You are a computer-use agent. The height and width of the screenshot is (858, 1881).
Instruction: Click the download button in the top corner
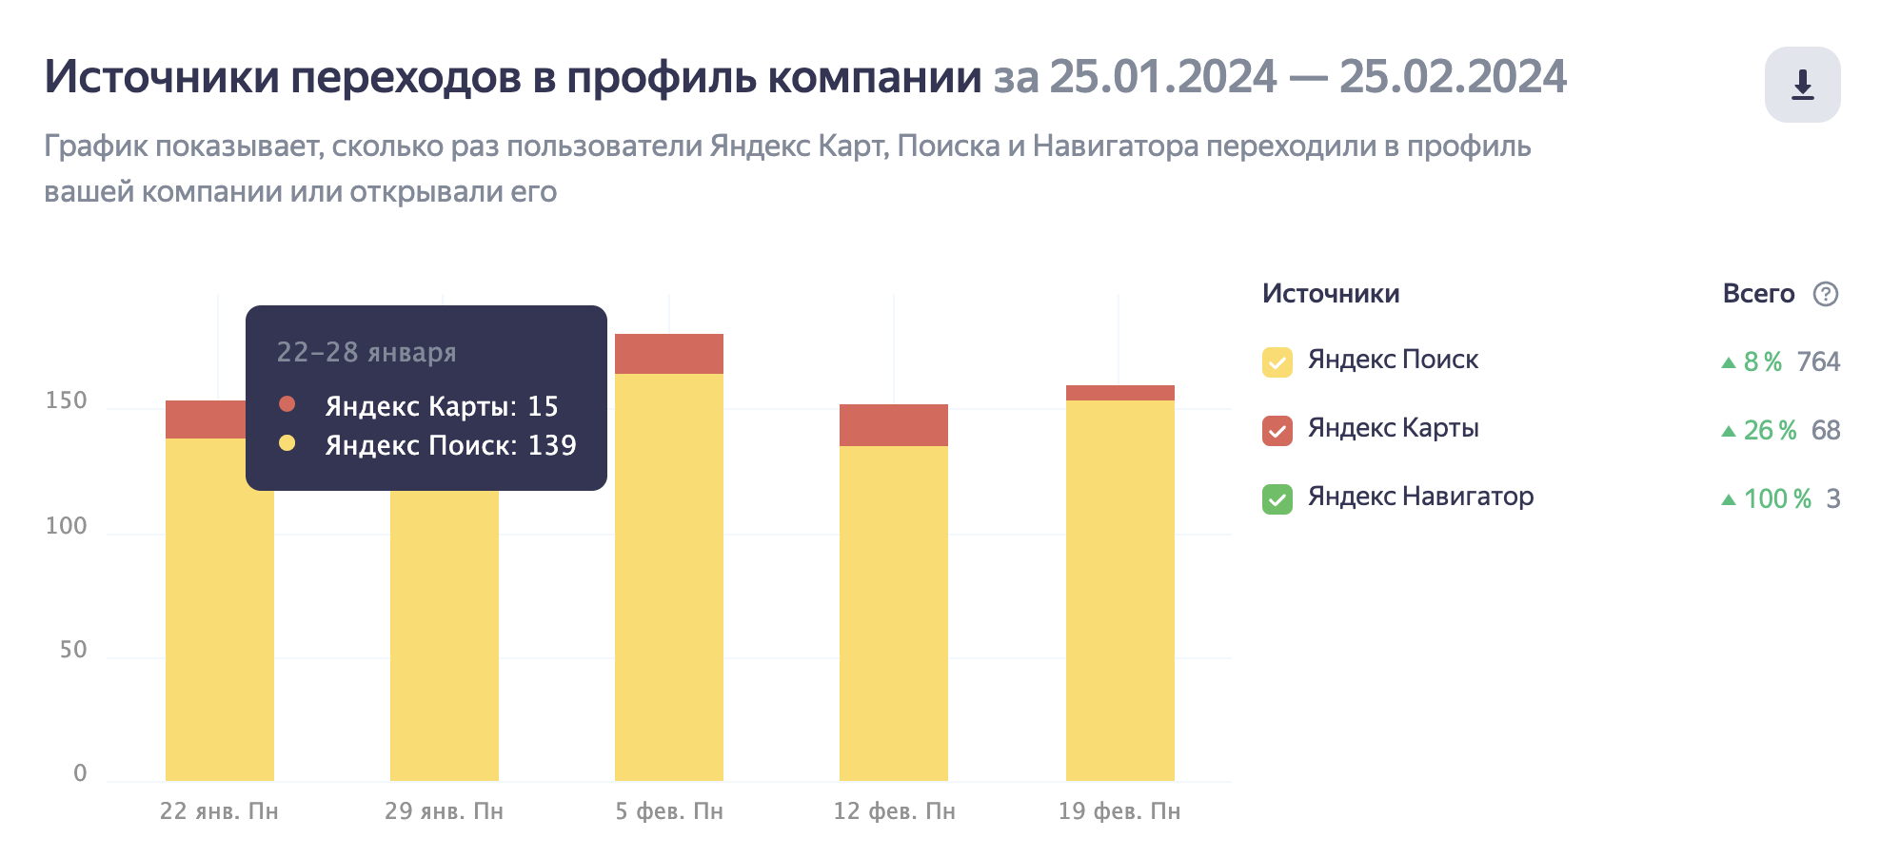click(1802, 85)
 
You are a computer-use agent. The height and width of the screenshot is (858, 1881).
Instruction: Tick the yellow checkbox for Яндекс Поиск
click(1277, 362)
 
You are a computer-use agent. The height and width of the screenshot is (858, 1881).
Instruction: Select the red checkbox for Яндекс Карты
click(1277, 431)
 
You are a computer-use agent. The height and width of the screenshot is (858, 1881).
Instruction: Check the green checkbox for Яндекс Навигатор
click(1277, 499)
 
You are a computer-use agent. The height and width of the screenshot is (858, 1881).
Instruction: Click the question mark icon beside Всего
click(1825, 294)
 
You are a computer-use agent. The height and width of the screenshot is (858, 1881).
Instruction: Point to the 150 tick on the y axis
click(67, 400)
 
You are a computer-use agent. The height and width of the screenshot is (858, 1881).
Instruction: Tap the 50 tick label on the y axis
click(73, 650)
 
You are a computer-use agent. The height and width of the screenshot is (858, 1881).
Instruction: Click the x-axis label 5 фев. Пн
click(668, 811)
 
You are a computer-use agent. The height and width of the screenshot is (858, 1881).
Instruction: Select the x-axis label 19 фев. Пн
click(1119, 811)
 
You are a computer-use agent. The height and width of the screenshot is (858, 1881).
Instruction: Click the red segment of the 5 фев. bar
click(668, 354)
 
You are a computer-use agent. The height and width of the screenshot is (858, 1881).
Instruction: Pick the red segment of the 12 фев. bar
click(893, 425)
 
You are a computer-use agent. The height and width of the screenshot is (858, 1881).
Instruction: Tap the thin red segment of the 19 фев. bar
click(1119, 393)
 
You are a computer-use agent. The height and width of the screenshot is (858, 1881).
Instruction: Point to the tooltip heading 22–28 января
click(366, 352)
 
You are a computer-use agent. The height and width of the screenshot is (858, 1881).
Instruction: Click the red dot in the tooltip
click(287, 404)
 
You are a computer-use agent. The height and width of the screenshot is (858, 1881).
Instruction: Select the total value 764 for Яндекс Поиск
click(1818, 361)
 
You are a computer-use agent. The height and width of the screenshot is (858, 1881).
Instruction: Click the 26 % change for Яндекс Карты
click(1769, 431)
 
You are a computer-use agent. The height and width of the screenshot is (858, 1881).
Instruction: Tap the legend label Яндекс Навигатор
click(1420, 497)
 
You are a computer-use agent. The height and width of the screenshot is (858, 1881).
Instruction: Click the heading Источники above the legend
click(1330, 294)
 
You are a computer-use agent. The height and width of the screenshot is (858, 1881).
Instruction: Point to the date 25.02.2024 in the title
click(1452, 77)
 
